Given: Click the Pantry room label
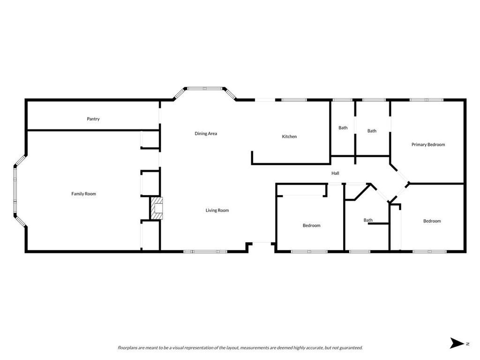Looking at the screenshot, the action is pos(93,119).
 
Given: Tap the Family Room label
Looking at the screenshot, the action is pos(83,194).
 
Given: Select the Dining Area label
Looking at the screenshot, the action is pos(206,134).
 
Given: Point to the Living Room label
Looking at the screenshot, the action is pos(217,210).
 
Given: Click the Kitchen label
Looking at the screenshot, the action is pos(289,136).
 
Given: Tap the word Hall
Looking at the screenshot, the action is pos(335,173).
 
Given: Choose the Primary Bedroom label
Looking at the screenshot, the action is pos(428,144).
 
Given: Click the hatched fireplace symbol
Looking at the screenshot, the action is pos(157,208).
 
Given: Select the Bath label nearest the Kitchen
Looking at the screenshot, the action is pos(343,127).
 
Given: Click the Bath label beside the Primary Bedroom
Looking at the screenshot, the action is pos(372,131).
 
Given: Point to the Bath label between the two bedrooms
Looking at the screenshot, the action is pos(368,220).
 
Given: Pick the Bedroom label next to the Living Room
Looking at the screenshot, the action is pos(311,225).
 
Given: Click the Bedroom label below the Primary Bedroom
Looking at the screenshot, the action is pos(432,221).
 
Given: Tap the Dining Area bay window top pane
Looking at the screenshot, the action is pos(205,89).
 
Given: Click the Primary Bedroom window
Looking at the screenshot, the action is pos(427,100).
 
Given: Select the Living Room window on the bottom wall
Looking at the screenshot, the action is pos(205,252).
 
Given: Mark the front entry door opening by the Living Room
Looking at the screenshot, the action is pos(262,243).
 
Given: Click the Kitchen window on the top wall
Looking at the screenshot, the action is pos(294,100).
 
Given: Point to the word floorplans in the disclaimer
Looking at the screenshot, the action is pos(127,348).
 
